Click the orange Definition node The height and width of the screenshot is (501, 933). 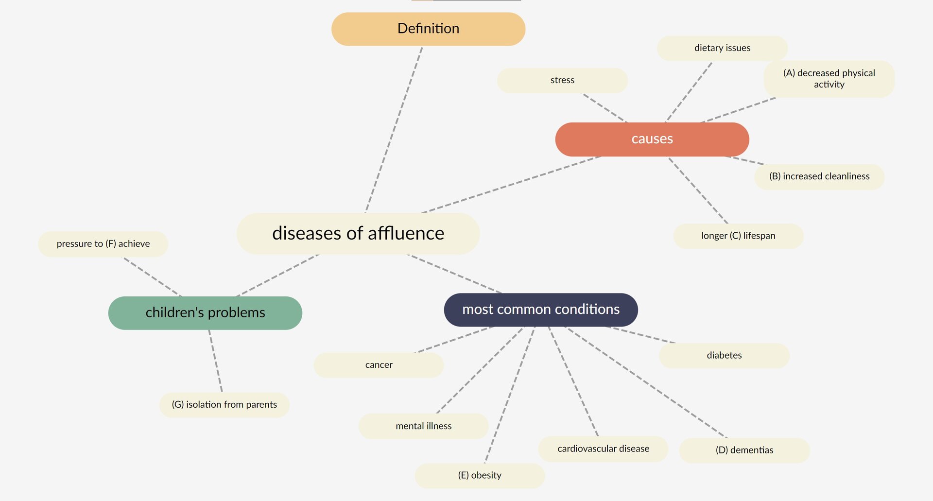click(428, 29)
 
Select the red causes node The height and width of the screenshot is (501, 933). click(652, 139)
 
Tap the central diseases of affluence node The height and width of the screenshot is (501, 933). click(358, 233)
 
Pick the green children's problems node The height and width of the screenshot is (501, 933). click(205, 312)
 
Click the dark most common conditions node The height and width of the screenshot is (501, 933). click(541, 310)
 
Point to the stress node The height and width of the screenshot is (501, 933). click(562, 80)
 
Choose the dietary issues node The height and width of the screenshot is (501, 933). click(722, 48)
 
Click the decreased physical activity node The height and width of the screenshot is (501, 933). click(829, 79)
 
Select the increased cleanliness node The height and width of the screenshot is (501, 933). click(819, 176)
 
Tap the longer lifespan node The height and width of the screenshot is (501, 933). click(738, 236)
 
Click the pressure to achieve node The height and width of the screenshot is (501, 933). click(103, 244)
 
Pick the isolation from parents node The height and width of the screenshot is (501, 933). click(225, 405)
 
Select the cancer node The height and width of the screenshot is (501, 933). click(379, 365)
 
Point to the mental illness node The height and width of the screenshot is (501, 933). click(423, 426)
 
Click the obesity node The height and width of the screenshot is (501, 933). click(480, 475)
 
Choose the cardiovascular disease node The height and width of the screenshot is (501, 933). click(603, 449)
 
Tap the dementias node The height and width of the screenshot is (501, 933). click(744, 450)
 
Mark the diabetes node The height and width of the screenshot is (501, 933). click(724, 355)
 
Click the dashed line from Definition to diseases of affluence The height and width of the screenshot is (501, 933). click(394, 129)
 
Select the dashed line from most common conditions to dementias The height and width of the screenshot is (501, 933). click(646, 382)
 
